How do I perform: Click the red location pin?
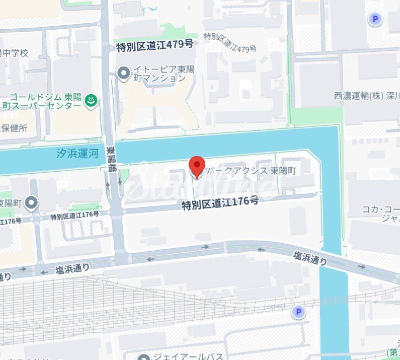196,167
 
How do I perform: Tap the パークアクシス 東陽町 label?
251,171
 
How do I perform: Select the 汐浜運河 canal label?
77,153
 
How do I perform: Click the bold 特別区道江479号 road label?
154,45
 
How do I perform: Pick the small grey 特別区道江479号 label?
230,42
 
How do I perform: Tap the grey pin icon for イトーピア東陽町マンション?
123,74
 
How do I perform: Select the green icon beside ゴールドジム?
91,101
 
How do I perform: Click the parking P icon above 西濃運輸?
374,20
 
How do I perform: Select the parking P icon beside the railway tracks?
298,312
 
